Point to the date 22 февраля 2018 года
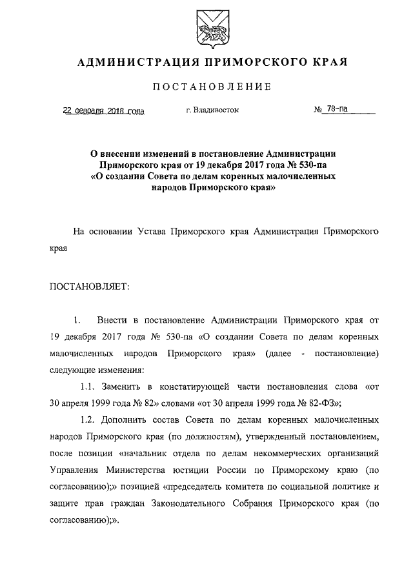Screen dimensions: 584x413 (x=103, y=110)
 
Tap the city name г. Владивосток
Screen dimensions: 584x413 (x=212, y=110)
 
